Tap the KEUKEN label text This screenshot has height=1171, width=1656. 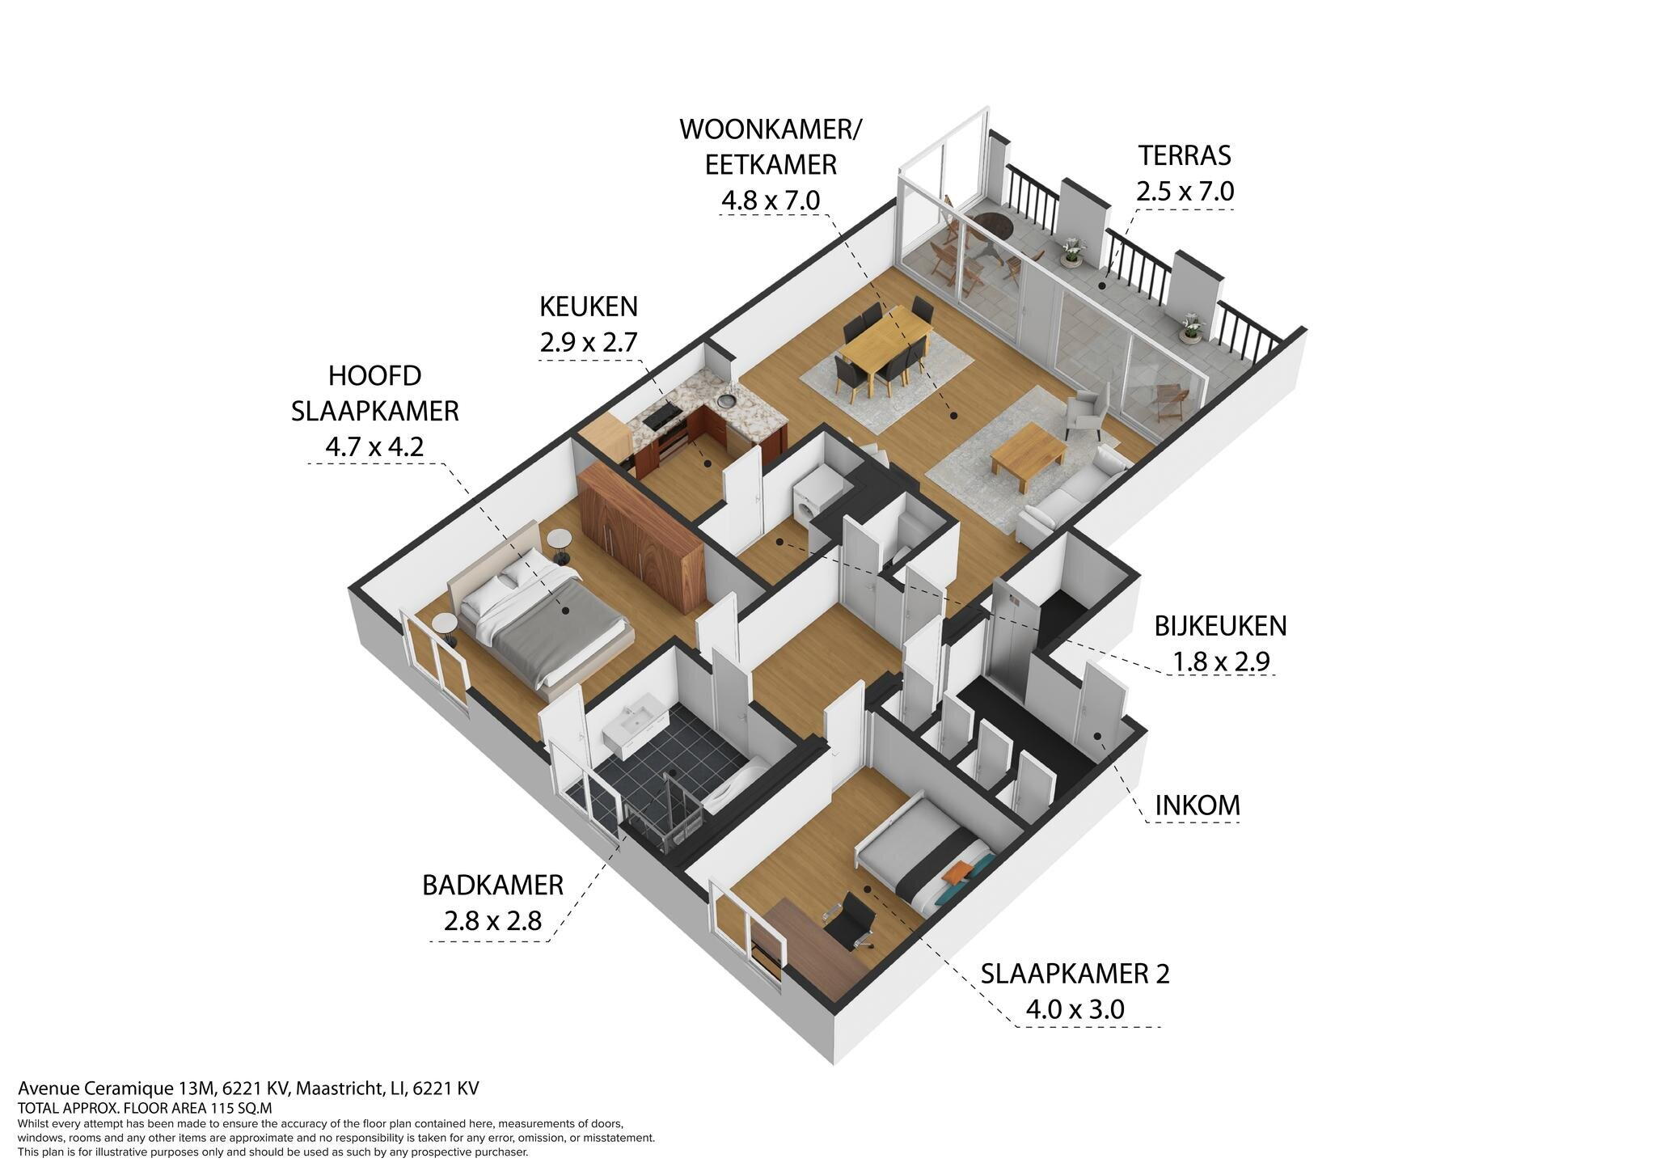click(589, 306)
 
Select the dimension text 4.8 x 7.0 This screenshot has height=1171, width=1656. click(771, 200)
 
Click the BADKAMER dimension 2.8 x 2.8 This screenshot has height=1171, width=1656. click(492, 921)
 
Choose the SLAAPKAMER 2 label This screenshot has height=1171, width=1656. click(1075, 974)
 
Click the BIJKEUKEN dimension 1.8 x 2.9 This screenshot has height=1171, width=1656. click(1221, 662)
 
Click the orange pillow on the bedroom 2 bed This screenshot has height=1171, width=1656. click(959, 872)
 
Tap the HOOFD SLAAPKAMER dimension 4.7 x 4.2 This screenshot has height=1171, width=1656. click(374, 446)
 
